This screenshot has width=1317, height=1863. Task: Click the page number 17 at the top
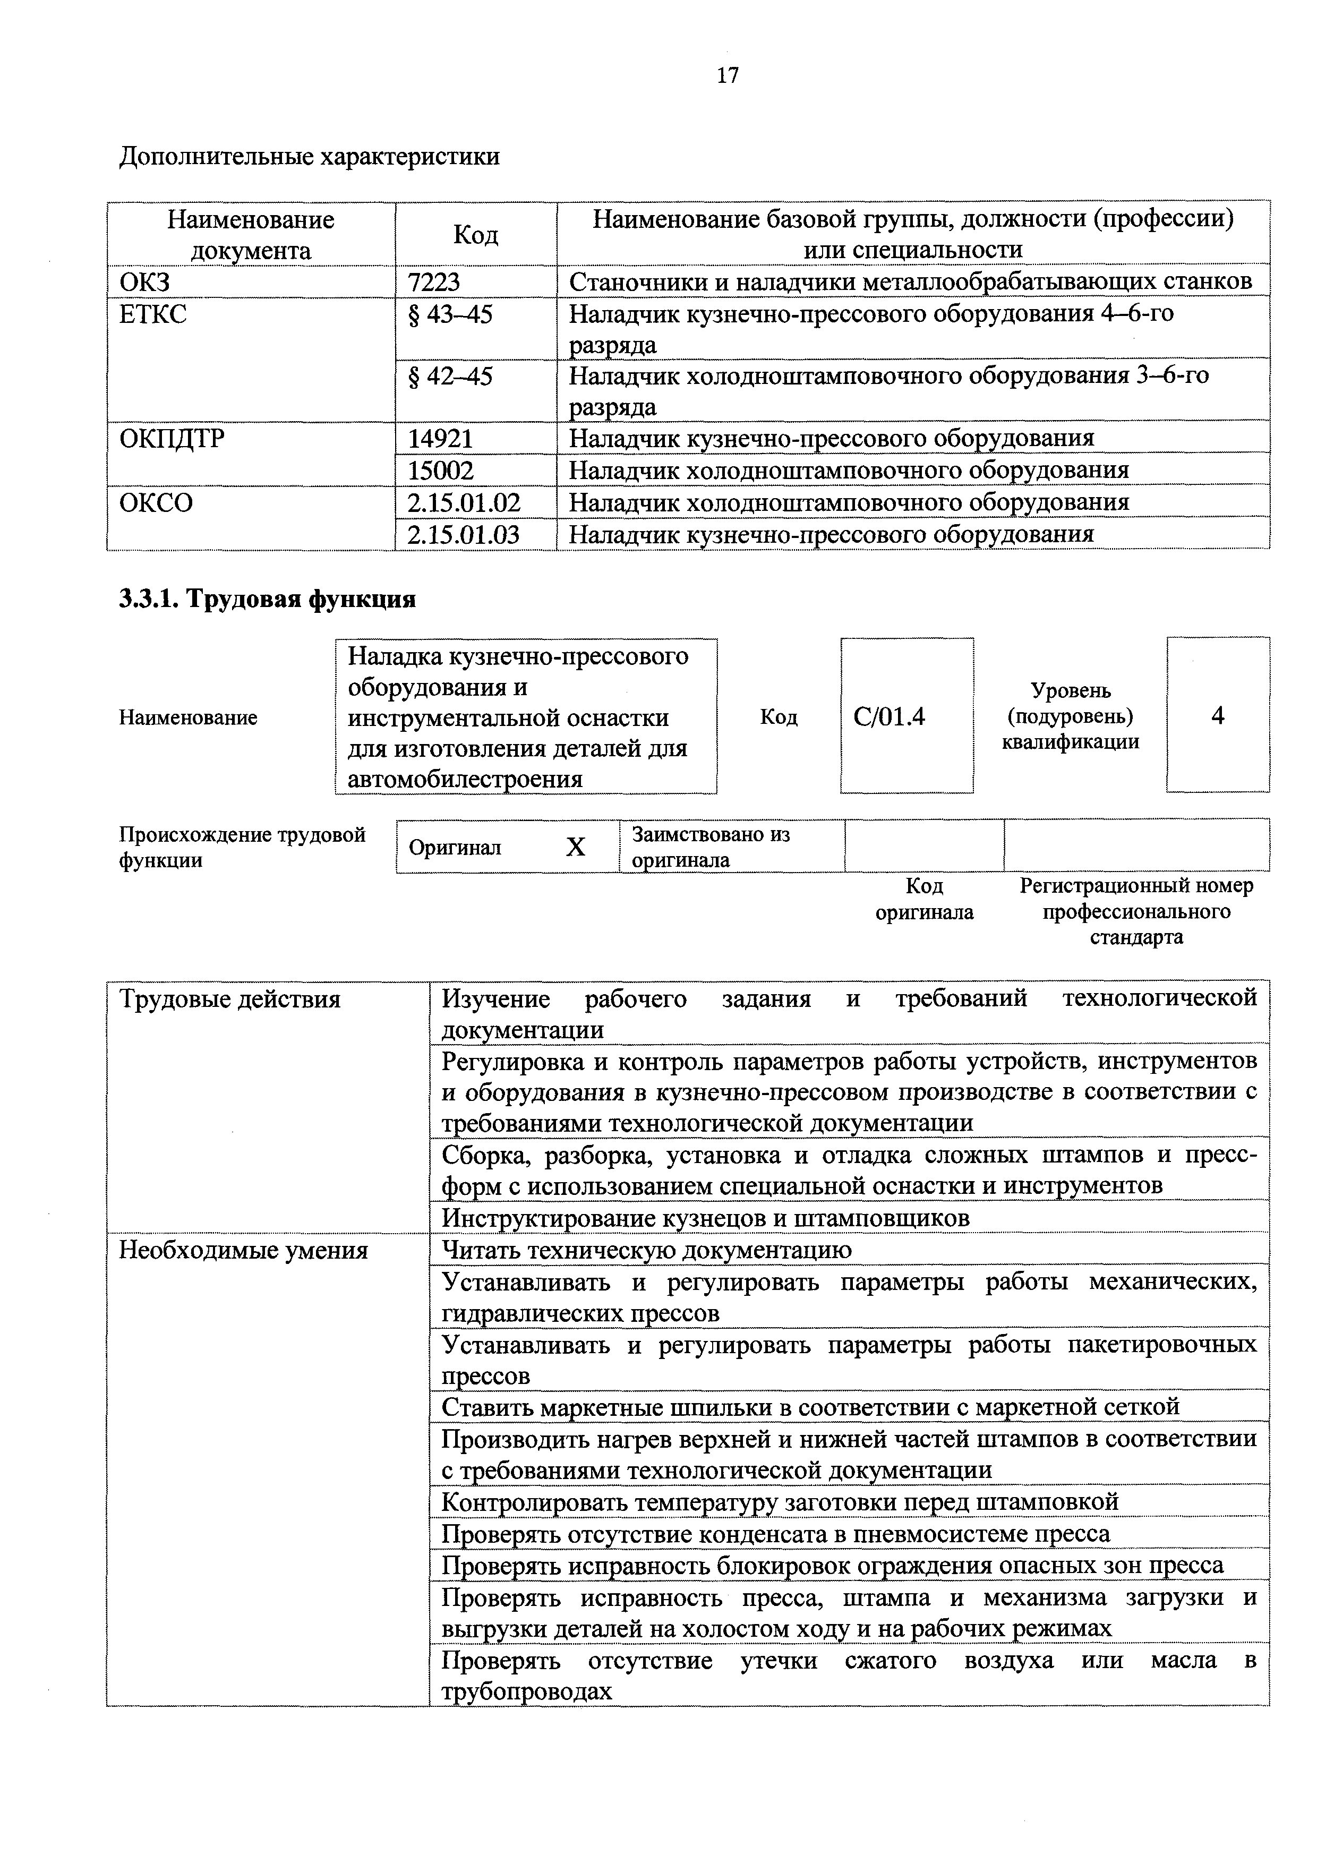click(x=728, y=75)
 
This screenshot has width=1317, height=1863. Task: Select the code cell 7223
click(x=433, y=281)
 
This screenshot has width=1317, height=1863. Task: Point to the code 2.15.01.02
click(x=464, y=502)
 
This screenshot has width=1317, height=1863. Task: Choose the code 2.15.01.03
click(x=464, y=534)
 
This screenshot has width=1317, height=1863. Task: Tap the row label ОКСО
click(x=157, y=503)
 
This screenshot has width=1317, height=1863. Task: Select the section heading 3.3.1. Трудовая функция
click(x=267, y=599)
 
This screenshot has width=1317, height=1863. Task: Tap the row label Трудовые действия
click(x=229, y=999)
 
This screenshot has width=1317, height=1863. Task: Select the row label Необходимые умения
click(x=243, y=1250)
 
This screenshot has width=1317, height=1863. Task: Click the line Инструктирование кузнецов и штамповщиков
click(x=705, y=1218)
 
